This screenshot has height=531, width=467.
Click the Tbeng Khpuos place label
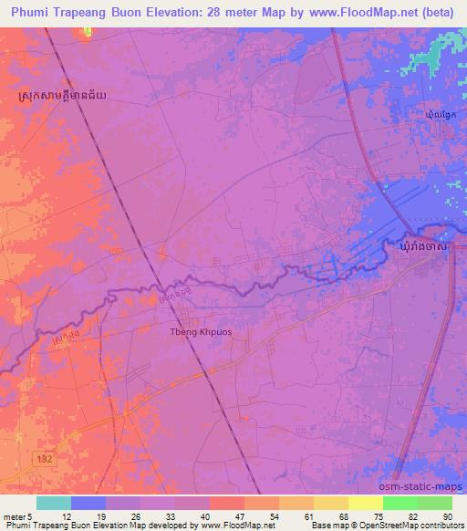pyautogui.click(x=201, y=332)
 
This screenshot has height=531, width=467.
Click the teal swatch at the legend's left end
pyautogui.click(x=54, y=503)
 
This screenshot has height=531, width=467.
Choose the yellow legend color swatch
pyautogui.click(x=366, y=503)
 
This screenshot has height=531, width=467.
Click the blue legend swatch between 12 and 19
pyautogui.click(x=88, y=503)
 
